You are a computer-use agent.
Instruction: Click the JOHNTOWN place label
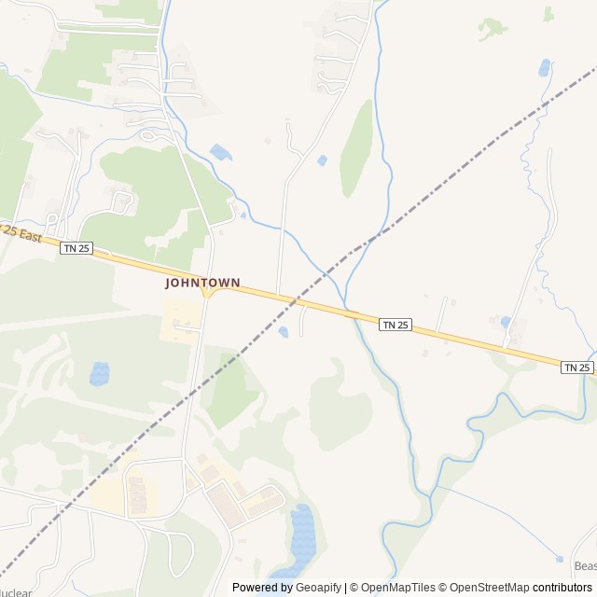[x=202, y=282]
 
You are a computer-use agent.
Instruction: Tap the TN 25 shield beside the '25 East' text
[x=76, y=247]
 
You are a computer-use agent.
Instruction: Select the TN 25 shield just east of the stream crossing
[x=396, y=324]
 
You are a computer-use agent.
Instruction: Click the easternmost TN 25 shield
[x=577, y=368]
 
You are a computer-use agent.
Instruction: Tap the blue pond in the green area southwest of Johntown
[x=99, y=374]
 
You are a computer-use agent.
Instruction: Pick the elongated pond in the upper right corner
[x=544, y=67]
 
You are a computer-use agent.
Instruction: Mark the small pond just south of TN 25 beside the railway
[x=283, y=331]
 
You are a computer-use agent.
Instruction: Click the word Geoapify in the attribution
[x=319, y=588]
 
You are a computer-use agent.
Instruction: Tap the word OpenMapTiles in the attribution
[x=398, y=588]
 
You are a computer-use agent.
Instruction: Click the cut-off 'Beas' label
[x=585, y=566]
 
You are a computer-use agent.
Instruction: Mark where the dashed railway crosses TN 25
[x=296, y=301]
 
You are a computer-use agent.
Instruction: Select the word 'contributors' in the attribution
[x=562, y=588]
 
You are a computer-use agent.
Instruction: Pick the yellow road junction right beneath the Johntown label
[x=208, y=294]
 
